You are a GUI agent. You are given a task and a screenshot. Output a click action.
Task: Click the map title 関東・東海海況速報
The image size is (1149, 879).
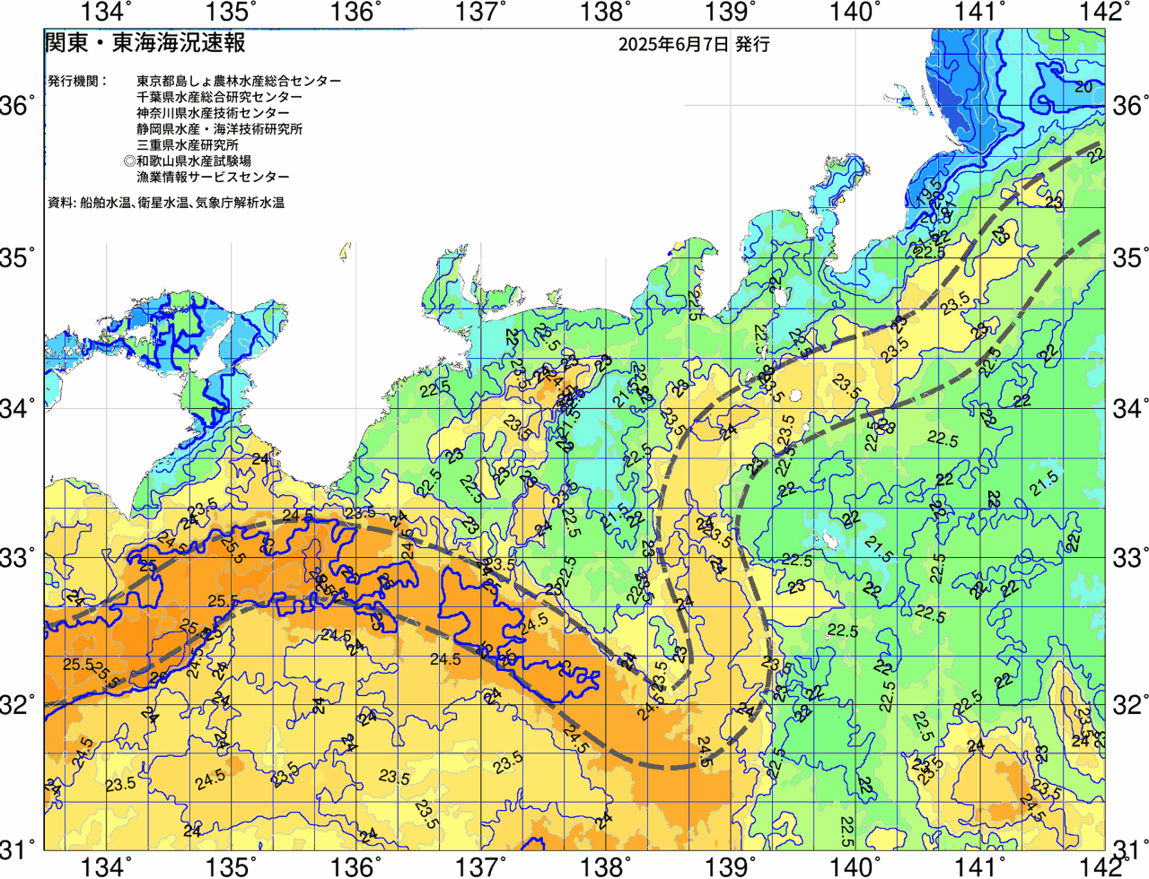click(x=145, y=43)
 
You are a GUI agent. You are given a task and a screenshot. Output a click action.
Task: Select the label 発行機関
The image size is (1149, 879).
click(x=76, y=81)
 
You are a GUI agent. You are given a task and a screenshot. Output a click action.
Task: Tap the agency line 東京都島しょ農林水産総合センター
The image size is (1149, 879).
click(x=239, y=81)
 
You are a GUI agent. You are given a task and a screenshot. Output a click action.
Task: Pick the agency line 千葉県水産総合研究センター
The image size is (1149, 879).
click(x=220, y=97)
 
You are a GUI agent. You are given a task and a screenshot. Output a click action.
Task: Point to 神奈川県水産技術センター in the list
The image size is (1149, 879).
click(x=213, y=113)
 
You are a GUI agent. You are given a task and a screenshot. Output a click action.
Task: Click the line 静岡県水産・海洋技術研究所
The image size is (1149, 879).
click(x=220, y=129)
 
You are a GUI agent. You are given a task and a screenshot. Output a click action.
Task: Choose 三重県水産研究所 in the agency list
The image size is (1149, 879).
click(x=188, y=145)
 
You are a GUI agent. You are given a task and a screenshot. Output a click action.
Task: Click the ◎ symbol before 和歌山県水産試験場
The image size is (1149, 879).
click(x=129, y=161)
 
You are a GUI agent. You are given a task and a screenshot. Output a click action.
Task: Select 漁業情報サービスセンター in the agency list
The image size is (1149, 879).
click(x=213, y=178)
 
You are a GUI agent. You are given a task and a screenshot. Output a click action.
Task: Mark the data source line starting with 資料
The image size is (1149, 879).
click(x=166, y=203)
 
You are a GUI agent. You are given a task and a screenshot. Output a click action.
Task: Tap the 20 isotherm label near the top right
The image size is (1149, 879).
click(x=1083, y=87)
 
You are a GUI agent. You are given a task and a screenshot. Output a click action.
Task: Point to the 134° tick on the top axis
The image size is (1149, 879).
click(x=107, y=12)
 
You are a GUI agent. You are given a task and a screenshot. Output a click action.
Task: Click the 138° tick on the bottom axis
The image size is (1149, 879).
click(x=602, y=866)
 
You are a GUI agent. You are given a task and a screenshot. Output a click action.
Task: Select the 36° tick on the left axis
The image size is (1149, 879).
click(x=18, y=106)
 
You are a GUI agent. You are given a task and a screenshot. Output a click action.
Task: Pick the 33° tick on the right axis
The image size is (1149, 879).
click(x=1129, y=556)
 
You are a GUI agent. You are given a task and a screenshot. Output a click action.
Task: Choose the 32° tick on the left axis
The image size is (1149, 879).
click(x=18, y=704)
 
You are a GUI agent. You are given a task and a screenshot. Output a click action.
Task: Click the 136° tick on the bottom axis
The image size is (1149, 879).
click(x=355, y=866)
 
